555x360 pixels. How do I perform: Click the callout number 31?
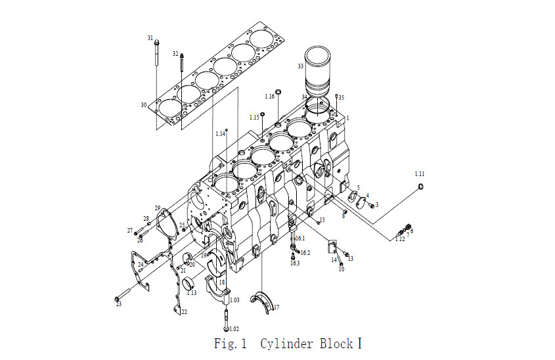pos(150,37)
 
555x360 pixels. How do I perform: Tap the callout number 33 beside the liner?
pos(301,66)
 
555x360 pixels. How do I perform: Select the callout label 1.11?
pos(420,174)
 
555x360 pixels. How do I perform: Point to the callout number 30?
pos(143,105)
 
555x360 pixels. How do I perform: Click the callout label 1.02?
pos(234,329)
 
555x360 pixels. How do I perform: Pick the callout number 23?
pos(119,304)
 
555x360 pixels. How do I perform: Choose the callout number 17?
pos(277,307)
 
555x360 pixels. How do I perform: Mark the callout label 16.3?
pos(295,263)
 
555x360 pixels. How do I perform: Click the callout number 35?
pos(342,98)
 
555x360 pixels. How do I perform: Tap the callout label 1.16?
pos(270,97)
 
